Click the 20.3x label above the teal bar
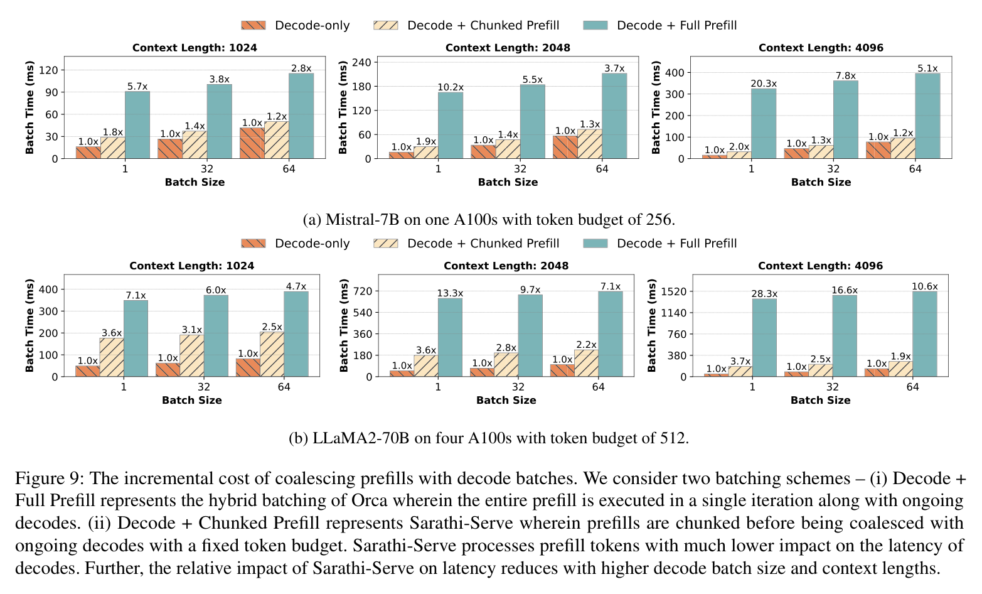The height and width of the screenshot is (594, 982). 764,84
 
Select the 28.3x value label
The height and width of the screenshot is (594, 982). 764,293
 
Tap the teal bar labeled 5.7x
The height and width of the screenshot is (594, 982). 137,124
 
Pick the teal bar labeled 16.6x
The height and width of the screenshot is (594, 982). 845,335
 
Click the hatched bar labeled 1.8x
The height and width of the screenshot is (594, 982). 113,148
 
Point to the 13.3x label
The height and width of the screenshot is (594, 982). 450,293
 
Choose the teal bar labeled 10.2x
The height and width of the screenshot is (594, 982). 451,126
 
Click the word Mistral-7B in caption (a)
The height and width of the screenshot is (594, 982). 362,219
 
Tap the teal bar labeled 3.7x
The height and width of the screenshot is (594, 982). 614,116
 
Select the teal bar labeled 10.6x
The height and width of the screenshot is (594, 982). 924,334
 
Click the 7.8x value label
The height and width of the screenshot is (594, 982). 846,75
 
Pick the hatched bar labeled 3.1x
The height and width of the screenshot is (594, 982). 191,356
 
